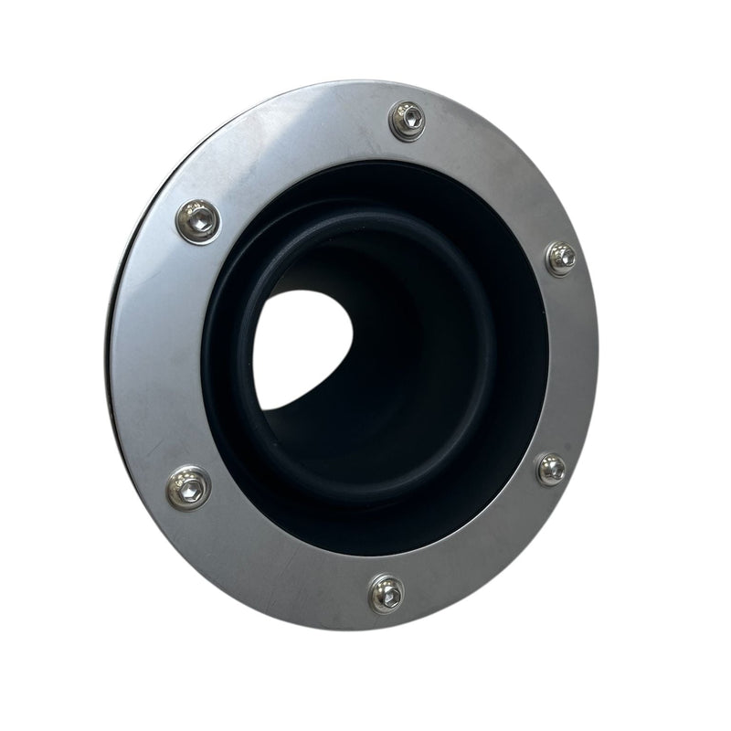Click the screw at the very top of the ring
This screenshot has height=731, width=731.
click(x=408, y=120)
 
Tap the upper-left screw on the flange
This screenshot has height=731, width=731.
click(x=198, y=220)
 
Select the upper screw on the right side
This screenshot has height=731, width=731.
click(x=560, y=258)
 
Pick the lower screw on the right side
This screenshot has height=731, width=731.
click(x=551, y=469)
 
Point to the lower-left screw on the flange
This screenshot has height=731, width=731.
click(x=189, y=488)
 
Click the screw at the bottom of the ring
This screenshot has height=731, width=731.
click(x=387, y=594)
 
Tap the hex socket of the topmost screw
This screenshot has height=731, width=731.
click(x=408, y=117)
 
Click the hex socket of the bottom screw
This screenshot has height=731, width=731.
click(x=387, y=596)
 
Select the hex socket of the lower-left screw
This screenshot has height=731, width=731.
click(x=190, y=490)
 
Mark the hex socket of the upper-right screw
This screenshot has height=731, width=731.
click(x=562, y=258)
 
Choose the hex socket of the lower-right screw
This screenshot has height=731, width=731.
click(x=552, y=470)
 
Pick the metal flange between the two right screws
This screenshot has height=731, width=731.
click(x=571, y=365)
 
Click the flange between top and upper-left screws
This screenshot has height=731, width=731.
click(x=292, y=151)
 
